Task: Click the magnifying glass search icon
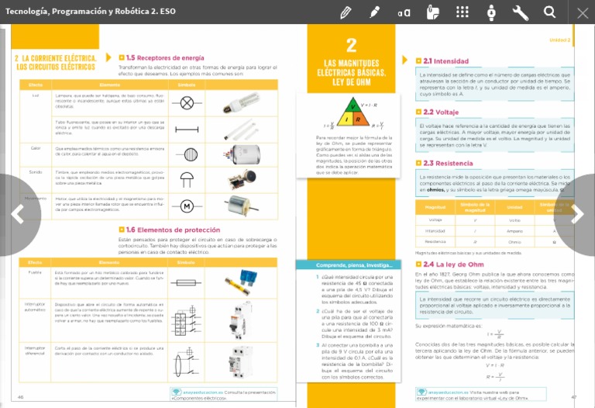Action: pyautogui.click(x=549, y=12)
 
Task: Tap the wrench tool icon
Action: pyautogui.click(x=521, y=12)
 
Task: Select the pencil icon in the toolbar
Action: pyautogui.click(x=346, y=12)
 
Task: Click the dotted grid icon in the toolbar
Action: pyautogui.click(x=463, y=12)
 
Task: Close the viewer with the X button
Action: pyautogui.click(x=583, y=12)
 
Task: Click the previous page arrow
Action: pyautogui.click(x=17, y=215)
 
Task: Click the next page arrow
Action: pyautogui.click(x=578, y=215)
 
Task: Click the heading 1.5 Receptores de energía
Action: pyautogui.click(x=165, y=57)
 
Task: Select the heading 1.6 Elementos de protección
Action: pyautogui.click(x=173, y=230)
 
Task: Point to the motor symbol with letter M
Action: pyautogui.click(x=187, y=206)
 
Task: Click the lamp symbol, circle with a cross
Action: pyautogui.click(x=187, y=102)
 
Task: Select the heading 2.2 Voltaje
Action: pyautogui.click(x=441, y=112)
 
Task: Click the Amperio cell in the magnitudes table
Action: pyautogui.click(x=515, y=230)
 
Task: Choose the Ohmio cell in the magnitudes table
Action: pyautogui.click(x=515, y=241)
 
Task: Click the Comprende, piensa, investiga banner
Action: pyautogui.click(x=347, y=265)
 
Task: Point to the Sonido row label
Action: pyautogui.click(x=36, y=172)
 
